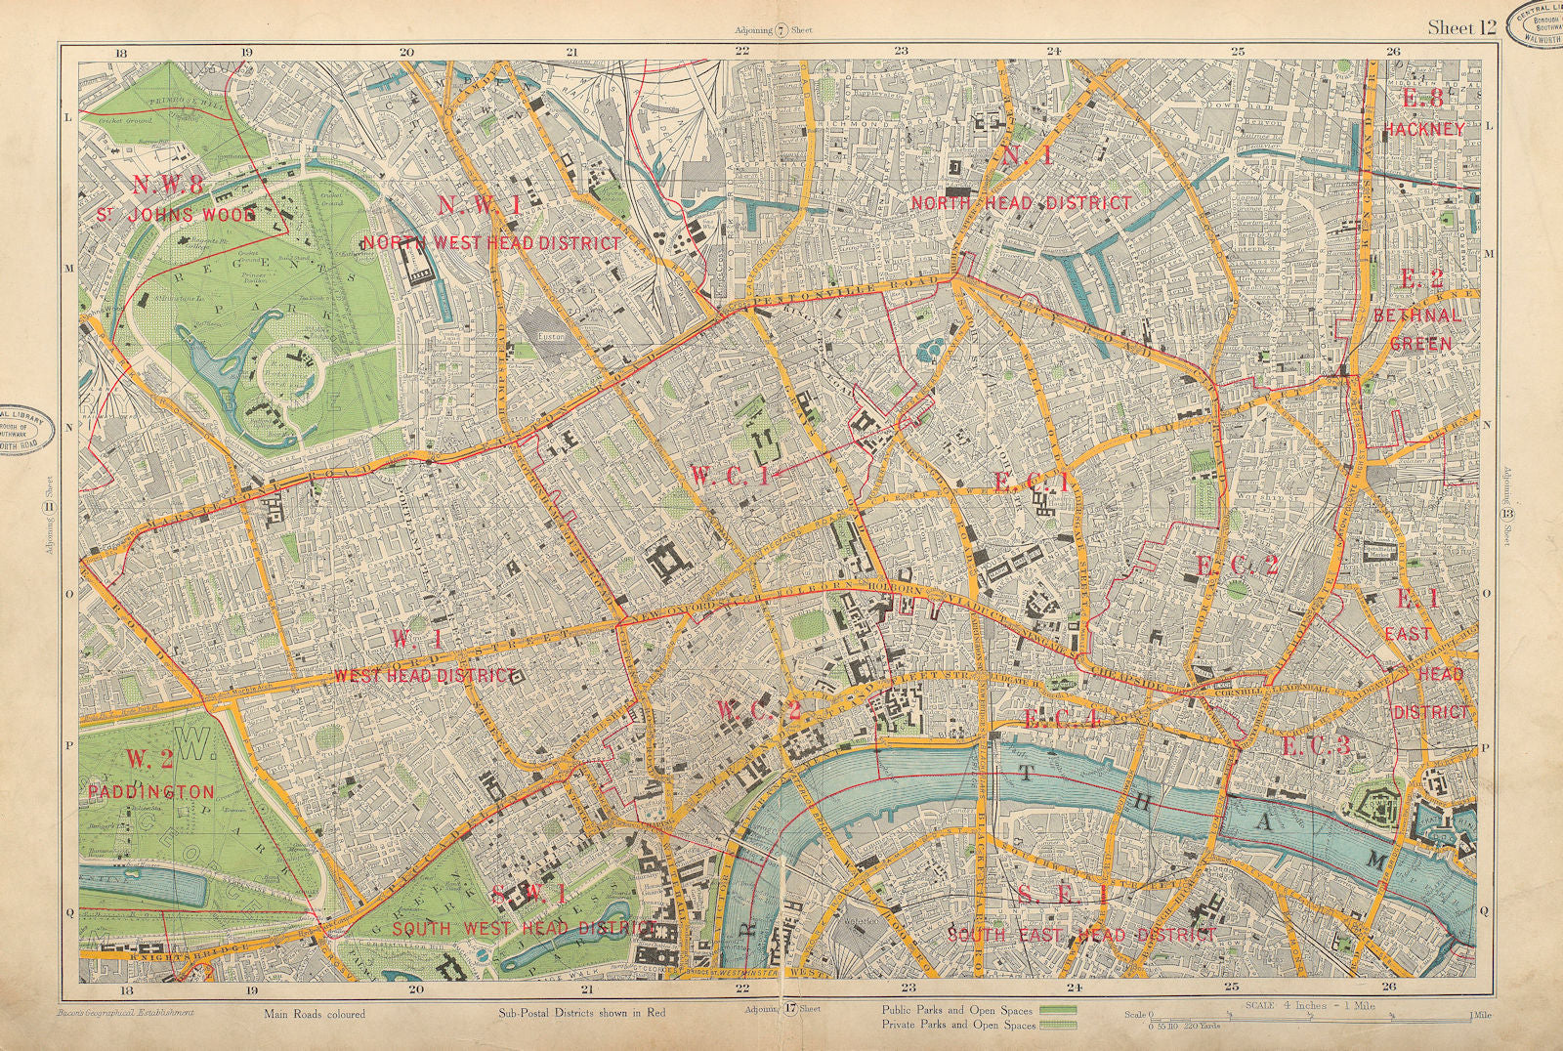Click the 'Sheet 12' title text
[1461, 27]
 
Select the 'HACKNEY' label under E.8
[1424, 129]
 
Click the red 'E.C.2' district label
[1238, 566]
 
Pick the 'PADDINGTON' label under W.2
[150, 791]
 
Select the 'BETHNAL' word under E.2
[1416, 315]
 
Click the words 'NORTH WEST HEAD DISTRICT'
[491, 242]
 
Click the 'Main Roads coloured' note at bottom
[314, 1014]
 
